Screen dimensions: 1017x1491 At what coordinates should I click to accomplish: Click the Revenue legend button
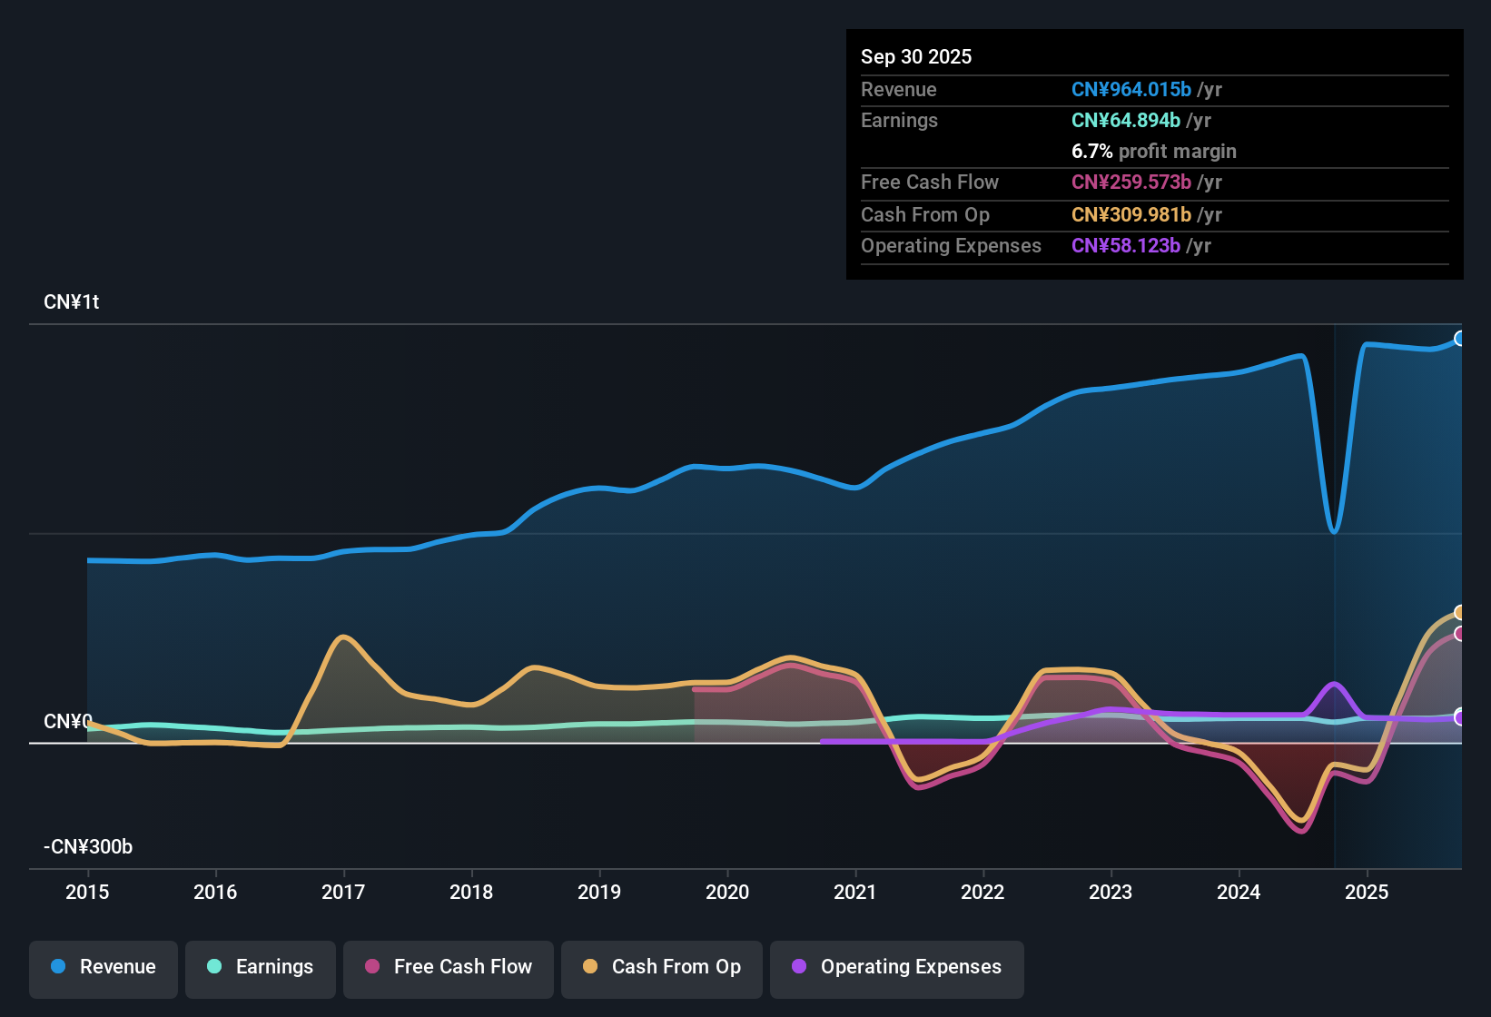click(x=104, y=967)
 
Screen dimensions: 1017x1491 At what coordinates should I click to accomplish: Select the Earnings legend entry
click(x=261, y=967)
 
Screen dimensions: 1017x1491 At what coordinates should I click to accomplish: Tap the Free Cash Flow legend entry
click(x=449, y=967)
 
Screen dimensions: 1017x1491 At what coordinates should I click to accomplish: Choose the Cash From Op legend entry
click(x=662, y=967)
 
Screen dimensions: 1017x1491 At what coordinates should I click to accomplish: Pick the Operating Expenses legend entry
click(x=897, y=967)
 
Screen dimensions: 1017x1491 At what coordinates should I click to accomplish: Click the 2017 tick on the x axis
click(x=343, y=892)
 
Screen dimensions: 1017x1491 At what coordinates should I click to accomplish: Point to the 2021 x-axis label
click(x=854, y=892)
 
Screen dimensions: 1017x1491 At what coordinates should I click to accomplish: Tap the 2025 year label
click(x=1367, y=892)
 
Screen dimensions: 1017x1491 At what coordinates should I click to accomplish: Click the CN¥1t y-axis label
click(x=72, y=302)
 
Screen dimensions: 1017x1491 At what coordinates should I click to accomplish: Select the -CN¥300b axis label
click(x=88, y=847)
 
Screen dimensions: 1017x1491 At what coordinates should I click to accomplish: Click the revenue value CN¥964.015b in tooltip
click(x=1131, y=90)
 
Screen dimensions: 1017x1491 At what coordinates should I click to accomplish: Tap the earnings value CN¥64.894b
click(x=1125, y=121)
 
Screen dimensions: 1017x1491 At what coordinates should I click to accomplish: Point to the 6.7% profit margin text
click(x=1153, y=152)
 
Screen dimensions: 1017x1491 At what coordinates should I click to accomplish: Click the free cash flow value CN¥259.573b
click(x=1131, y=183)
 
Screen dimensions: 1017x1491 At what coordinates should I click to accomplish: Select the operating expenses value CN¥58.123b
click(x=1125, y=246)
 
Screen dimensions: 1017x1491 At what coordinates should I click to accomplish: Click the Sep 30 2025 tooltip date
click(x=915, y=57)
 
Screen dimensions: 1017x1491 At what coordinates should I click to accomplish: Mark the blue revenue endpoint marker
click(x=1460, y=339)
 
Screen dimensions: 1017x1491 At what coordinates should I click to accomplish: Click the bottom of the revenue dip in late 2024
click(x=1334, y=531)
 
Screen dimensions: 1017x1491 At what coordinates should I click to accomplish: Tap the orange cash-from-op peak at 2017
click(x=342, y=637)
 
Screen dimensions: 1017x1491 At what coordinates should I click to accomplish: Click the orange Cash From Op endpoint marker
click(x=1460, y=613)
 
